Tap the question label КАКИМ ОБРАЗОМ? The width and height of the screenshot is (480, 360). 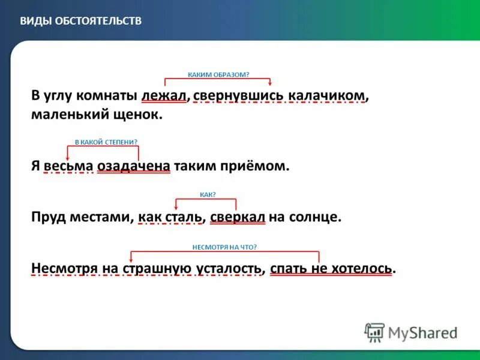coord(218,74)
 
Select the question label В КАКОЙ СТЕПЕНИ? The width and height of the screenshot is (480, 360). coord(106,142)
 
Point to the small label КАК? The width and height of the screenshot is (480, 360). coord(207,194)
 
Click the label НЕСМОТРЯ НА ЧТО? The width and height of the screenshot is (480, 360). coord(224,247)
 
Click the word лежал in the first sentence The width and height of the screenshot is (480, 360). coord(164,95)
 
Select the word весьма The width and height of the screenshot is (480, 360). coord(68,166)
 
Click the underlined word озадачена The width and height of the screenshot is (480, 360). coord(134,166)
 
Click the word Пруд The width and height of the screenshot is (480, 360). coord(46,217)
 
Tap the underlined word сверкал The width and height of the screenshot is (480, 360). coord(238,217)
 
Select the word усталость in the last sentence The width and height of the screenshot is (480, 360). coord(230,268)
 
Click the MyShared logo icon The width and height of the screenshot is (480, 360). coord(374,332)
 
